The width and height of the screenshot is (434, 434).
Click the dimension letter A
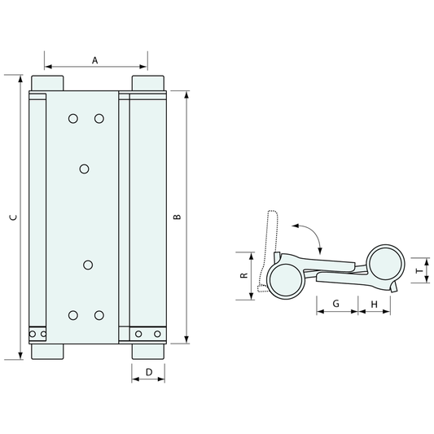coord(95,60)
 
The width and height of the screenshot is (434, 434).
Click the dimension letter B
coord(178,217)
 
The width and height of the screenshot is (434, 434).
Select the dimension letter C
coord(13,217)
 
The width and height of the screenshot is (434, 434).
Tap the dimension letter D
coord(149,372)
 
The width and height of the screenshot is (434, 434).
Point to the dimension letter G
coord(336,304)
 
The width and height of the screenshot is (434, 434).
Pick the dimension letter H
coord(375,305)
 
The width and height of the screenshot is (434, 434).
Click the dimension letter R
coord(244,275)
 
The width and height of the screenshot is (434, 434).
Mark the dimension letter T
coord(420,270)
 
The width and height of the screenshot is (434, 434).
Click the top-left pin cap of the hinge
coord(47,83)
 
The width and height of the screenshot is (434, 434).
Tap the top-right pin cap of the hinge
coord(148,83)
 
